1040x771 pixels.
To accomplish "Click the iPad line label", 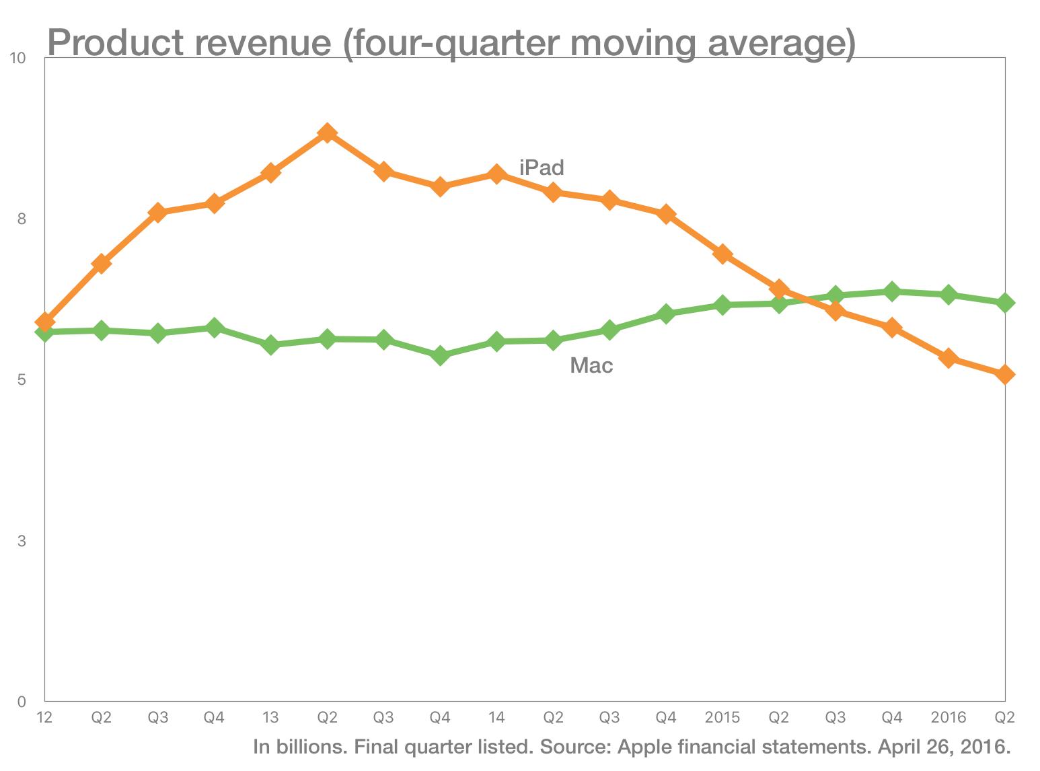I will pos(542,167).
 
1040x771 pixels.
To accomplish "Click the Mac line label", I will pos(591,365).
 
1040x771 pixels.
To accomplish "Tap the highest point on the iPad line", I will pos(327,133).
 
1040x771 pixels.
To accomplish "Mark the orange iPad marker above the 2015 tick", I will pos(722,254).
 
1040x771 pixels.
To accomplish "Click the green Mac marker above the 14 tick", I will pos(496,342).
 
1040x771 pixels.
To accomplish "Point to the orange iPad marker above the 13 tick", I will pos(270,173).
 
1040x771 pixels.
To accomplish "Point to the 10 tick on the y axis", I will pos(18,59).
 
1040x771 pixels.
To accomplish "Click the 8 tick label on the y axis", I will pos(22,219).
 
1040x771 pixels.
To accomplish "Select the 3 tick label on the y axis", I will pos(22,541).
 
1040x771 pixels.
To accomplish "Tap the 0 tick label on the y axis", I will pos(22,702).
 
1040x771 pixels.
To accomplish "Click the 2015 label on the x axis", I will pos(722,718).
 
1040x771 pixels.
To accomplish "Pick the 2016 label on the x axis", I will pos(949,718).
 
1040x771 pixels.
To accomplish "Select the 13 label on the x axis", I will pos(270,718).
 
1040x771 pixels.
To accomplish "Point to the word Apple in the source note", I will pos(644,747).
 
